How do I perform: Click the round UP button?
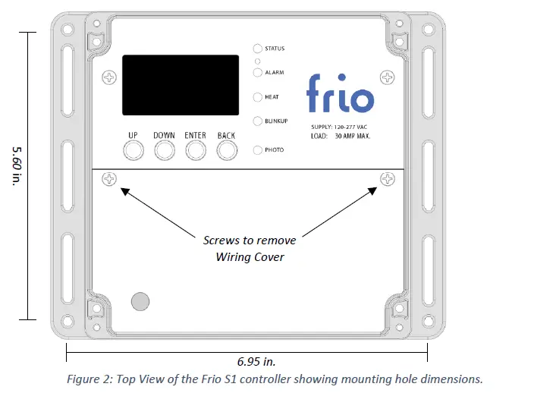pos(133,152)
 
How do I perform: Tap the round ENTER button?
pos(196,152)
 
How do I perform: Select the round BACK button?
pos(227,152)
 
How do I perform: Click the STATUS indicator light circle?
pos(258,49)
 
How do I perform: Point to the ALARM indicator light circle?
pos(258,73)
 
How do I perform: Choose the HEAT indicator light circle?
pos(258,97)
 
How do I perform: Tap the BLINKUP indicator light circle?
pos(258,121)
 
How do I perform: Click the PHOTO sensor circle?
pos(258,150)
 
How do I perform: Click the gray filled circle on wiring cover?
pos(140,300)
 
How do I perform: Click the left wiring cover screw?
pos(111,180)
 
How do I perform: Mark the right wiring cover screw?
pos(388,179)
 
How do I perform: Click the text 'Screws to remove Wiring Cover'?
pos(250,247)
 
